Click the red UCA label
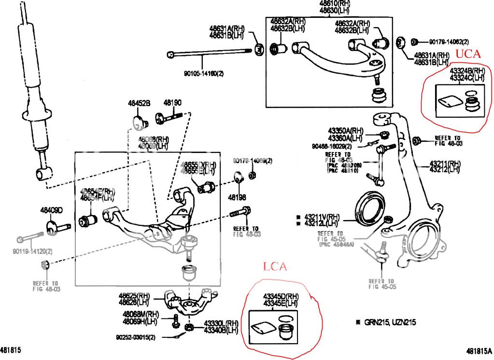tap(468, 54)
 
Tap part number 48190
tap(172, 103)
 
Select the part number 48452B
tap(139, 103)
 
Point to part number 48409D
tap(52, 210)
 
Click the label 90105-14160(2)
tap(204, 74)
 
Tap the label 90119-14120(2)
tap(33, 251)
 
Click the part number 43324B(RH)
tap(466, 71)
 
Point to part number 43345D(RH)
tap(281, 296)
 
